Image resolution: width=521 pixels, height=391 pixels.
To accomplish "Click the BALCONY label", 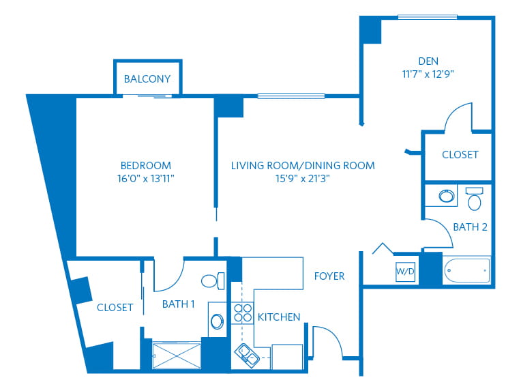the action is tap(147, 78).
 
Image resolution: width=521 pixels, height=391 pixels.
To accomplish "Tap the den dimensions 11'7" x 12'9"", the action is tap(428, 74).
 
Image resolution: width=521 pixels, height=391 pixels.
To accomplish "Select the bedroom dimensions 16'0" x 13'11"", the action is tap(146, 179).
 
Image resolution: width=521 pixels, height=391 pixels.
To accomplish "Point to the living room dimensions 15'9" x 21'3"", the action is tap(303, 179).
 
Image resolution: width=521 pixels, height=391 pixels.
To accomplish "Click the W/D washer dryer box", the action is tap(405, 272).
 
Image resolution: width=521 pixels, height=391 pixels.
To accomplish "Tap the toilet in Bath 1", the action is tap(213, 280).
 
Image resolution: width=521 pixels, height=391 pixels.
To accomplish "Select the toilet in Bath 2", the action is tap(474, 199).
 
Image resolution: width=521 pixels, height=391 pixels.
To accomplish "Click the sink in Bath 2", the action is tap(446, 195).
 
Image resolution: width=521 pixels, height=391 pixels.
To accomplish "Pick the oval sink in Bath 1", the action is tap(218, 321).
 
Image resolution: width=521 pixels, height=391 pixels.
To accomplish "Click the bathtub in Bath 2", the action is tap(467, 270).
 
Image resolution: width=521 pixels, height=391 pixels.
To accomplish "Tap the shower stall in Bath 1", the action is tap(177, 356).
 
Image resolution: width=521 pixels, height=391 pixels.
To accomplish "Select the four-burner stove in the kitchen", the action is tap(242, 313).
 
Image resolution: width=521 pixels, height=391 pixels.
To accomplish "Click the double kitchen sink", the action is tap(248, 356).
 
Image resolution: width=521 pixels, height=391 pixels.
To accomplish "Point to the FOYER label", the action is tap(329, 276).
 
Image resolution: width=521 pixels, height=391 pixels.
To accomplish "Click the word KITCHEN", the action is tap(279, 317).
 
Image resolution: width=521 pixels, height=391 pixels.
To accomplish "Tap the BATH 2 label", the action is tap(470, 227).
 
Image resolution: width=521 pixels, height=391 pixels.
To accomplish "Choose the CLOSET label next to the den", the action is tap(460, 155).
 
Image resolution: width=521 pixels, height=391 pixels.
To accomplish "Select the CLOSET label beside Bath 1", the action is tap(115, 308).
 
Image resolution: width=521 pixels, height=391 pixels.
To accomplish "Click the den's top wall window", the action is tap(428, 17).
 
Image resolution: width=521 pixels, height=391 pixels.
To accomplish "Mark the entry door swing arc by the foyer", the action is tap(333, 334).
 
